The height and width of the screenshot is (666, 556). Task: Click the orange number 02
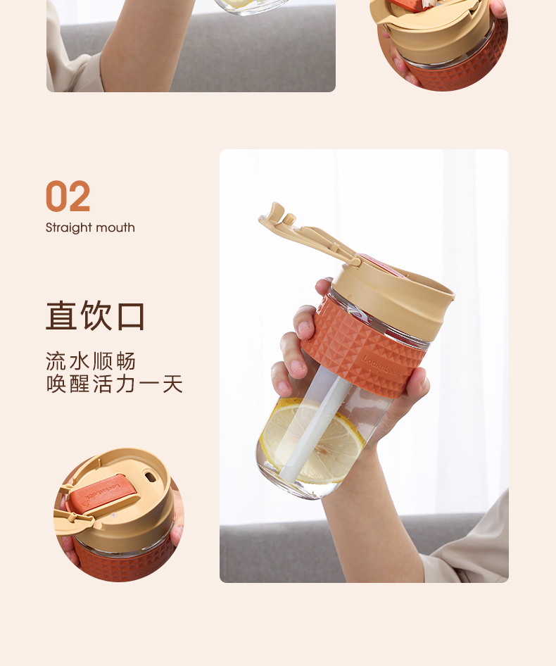click(x=68, y=196)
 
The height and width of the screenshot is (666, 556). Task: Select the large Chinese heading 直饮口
click(x=95, y=315)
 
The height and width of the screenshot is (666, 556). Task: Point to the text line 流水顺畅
click(x=91, y=361)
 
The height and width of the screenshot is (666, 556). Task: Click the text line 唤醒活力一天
click(x=114, y=384)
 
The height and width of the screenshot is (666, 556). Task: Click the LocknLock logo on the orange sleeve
click(x=381, y=366)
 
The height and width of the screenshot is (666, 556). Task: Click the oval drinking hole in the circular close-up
click(x=149, y=477)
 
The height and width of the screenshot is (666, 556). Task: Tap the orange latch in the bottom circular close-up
click(x=102, y=495)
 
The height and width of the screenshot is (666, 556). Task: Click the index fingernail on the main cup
click(x=304, y=328)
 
